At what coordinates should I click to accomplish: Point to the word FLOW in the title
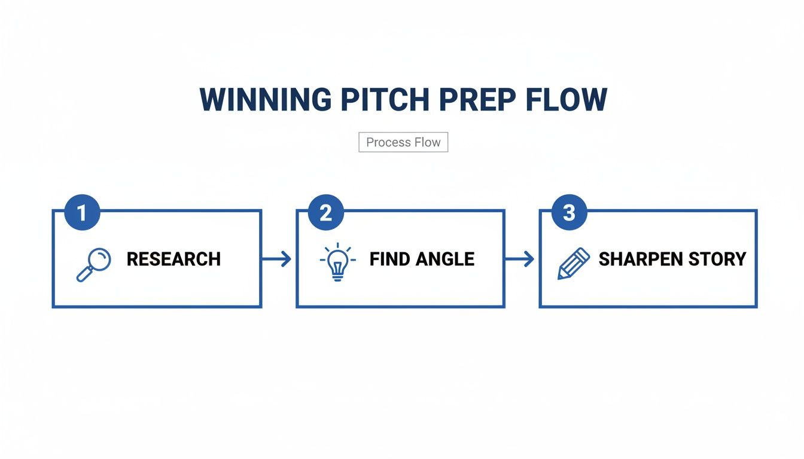point(566,100)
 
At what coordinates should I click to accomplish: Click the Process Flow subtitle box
point(403,142)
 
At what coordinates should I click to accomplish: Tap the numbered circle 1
point(81,213)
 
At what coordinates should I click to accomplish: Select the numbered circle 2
point(325,213)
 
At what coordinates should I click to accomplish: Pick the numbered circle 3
point(569,213)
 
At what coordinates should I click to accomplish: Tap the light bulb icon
point(337,262)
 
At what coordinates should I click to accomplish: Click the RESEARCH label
point(173,259)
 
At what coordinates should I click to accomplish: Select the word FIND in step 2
point(390,259)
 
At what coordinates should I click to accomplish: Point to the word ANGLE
point(446,259)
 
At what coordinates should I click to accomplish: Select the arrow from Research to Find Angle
point(277,259)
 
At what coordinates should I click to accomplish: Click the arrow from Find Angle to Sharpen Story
point(520,259)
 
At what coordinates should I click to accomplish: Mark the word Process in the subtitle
point(387,142)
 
